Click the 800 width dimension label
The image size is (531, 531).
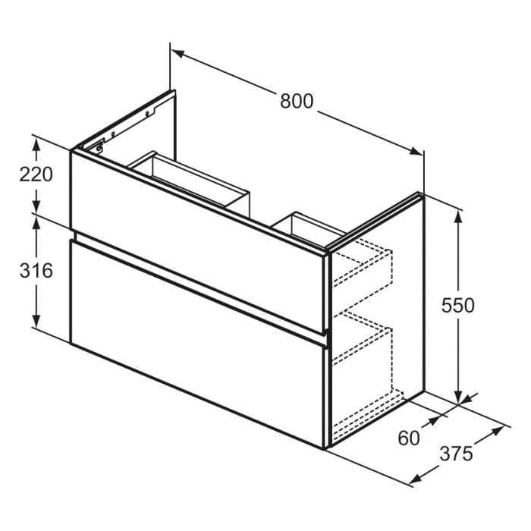click(297, 101)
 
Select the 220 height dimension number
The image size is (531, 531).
click(36, 174)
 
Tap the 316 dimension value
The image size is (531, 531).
click(36, 270)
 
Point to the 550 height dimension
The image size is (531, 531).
click(458, 305)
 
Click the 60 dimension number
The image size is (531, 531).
click(408, 438)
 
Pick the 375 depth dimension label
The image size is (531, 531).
click(457, 454)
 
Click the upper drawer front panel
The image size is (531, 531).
click(197, 228)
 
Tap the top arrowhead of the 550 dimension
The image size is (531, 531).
click(458, 214)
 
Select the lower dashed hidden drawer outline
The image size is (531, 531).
click(364, 357)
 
